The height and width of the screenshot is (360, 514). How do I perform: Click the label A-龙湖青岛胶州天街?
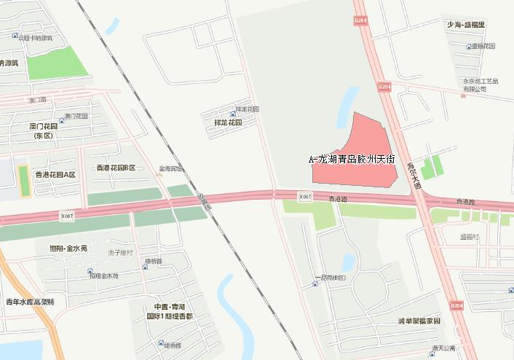tap(352, 158)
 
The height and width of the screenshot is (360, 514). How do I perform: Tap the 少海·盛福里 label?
tap(466, 25)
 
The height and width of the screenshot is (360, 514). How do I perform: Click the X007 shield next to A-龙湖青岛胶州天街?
tap(305, 197)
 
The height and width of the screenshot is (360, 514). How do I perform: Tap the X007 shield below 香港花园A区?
tap(67, 216)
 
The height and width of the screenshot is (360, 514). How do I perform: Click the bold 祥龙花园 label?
tap(226, 123)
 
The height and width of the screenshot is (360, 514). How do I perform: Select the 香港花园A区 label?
tap(55, 174)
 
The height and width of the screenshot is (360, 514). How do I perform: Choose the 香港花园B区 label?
tap(116, 168)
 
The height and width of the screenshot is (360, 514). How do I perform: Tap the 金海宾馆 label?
tap(170, 168)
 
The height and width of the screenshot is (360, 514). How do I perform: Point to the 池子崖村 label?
tap(120, 252)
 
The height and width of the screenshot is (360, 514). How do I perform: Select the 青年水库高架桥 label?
tap(31, 302)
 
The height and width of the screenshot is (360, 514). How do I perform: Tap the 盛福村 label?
tap(470, 236)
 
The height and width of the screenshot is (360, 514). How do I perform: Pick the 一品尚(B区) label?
tap(332, 278)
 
